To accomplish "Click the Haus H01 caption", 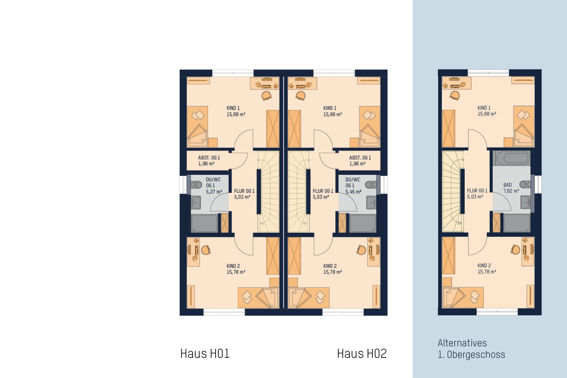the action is [x=205, y=354].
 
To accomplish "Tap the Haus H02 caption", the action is [x=362, y=354].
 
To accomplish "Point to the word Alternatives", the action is [x=462, y=343].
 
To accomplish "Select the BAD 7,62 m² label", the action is [x=511, y=188].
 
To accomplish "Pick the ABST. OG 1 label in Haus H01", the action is [x=209, y=161].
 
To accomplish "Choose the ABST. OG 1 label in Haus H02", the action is [x=360, y=161].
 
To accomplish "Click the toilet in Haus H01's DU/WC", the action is [x=197, y=185].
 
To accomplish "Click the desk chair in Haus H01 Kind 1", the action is [x=266, y=96].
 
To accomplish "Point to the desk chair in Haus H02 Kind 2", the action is [x=361, y=250].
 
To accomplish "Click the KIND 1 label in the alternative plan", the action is [x=487, y=111].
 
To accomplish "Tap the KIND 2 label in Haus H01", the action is [x=236, y=269].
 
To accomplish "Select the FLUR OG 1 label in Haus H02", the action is [x=323, y=194].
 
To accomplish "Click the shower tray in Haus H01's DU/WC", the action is [x=204, y=223].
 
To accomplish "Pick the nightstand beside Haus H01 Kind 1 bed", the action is [x=213, y=143].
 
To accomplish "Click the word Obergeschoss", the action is [x=476, y=354].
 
